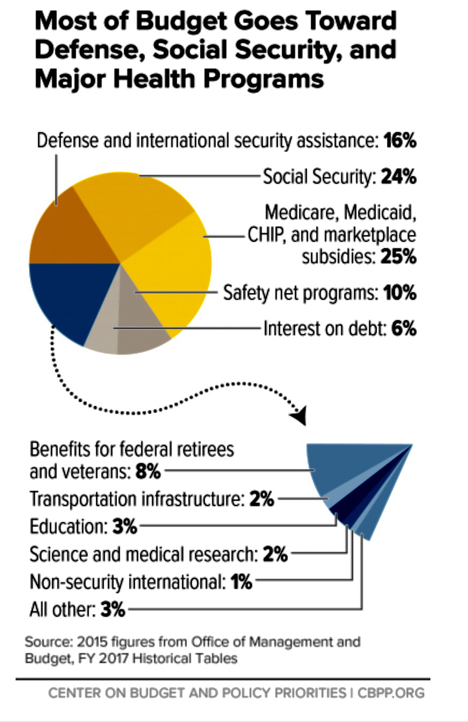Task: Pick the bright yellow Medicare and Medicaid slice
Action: tap(172, 269)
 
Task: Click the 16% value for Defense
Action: tap(400, 141)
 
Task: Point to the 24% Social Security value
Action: tap(398, 177)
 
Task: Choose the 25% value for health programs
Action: tap(398, 257)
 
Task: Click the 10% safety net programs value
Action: tap(400, 293)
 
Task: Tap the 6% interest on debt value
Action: tap(404, 328)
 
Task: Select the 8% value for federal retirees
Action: tap(148, 472)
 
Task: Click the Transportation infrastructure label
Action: tap(137, 499)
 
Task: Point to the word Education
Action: tap(68, 526)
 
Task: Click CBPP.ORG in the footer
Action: tap(391, 693)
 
